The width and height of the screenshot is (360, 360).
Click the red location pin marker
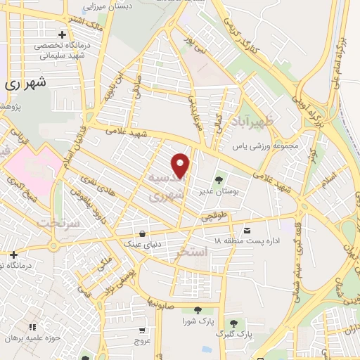tap(181, 165)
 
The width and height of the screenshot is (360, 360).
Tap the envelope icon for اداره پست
tap(246, 230)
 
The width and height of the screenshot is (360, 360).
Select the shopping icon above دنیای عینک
tap(143, 233)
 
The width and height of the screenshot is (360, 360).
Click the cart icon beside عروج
tap(142, 330)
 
